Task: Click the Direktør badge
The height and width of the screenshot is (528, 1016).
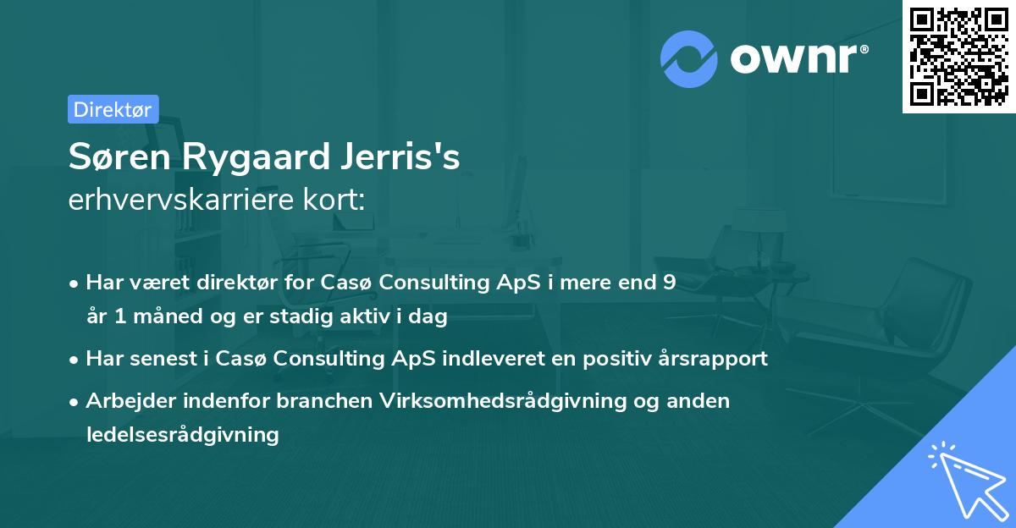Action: point(113,109)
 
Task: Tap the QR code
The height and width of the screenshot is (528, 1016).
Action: point(958,57)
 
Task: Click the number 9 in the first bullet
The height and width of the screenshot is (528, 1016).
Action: point(670,283)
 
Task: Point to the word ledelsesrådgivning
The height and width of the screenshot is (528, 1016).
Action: point(182,435)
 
